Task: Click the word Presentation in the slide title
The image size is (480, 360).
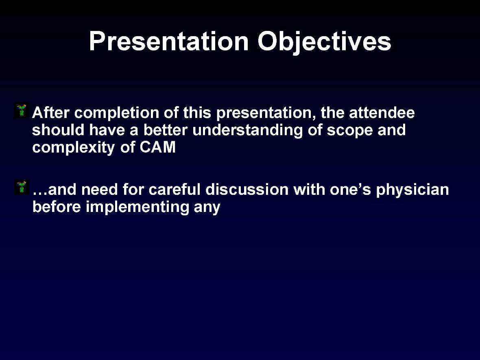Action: (168, 41)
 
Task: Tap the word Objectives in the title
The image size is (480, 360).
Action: (324, 41)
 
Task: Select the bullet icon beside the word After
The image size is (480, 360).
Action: (21, 111)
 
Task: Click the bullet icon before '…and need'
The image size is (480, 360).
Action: (21, 188)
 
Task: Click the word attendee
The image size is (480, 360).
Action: (382, 113)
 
